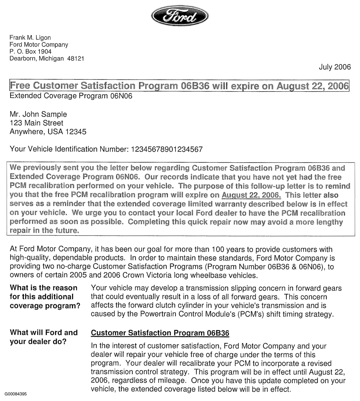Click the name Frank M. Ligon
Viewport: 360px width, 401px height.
[30, 38]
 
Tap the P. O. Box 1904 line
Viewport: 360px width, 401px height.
[31, 52]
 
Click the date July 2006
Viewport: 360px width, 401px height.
[335, 67]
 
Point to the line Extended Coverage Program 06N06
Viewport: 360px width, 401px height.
[71, 96]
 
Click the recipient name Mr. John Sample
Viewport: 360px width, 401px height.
[38, 114]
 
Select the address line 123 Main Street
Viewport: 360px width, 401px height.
[37, 123]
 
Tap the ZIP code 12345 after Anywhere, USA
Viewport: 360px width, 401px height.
[75, 132]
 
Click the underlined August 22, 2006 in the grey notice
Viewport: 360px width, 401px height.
[251, 195]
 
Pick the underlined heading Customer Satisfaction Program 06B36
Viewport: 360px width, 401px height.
[160, 333]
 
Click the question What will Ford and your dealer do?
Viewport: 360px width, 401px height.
[44, 337]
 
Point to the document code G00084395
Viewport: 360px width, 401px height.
[16, 394]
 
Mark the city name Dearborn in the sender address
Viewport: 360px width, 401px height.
[22, 59]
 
